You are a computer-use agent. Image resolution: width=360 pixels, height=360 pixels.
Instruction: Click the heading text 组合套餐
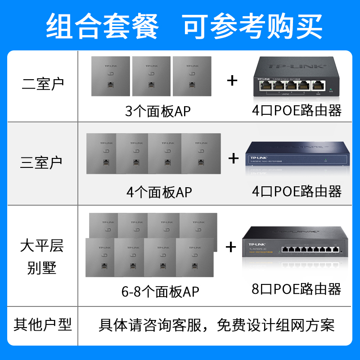click(103, 26)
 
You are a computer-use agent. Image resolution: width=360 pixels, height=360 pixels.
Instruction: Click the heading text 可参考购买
click(252, 26)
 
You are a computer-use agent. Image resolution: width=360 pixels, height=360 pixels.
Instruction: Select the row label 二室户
click(43, 84)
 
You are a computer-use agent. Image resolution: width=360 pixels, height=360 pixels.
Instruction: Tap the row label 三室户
click(41, 162)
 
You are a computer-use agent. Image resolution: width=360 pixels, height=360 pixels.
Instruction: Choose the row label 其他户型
click(43, 324)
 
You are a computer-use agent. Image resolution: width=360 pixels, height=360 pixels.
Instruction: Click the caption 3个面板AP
click(157, 111)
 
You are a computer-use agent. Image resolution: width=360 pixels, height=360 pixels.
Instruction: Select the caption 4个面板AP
click(159, 192)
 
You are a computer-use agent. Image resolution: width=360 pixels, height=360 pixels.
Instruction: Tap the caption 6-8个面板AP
click(160, 291)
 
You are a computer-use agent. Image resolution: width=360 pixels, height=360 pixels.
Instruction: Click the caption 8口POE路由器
click(297, 288)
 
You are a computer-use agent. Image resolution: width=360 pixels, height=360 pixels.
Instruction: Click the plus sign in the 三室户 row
click(233, 158)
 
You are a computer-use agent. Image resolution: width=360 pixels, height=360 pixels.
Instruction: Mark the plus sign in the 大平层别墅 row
click(231, 247)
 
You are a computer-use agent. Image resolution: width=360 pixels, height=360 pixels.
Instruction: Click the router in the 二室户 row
click(295, 80)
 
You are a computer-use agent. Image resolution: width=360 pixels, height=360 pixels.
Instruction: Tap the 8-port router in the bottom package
click(295, 247)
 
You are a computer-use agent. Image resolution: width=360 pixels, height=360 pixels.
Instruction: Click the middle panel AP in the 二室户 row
click(151, 76)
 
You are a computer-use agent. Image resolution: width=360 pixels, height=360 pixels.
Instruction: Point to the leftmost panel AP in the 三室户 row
click(102, 153)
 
